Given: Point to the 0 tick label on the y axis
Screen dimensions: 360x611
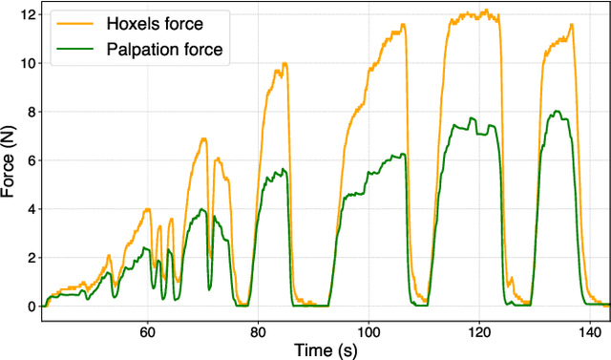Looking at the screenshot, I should click(x=31, y=307).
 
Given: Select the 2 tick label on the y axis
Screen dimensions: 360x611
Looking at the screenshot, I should click(x=31, y=258).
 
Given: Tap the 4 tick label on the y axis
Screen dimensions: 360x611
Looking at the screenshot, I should click(x=31, y=209).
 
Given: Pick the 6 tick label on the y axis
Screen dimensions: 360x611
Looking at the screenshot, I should click(x=31, y=160).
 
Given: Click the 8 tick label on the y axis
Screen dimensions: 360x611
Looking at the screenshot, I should click(x=31, y=112).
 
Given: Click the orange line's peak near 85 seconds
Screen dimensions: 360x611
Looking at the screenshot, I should click(x=284, y=63).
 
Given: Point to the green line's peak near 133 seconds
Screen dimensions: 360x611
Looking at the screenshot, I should click(x=557, y=111).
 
